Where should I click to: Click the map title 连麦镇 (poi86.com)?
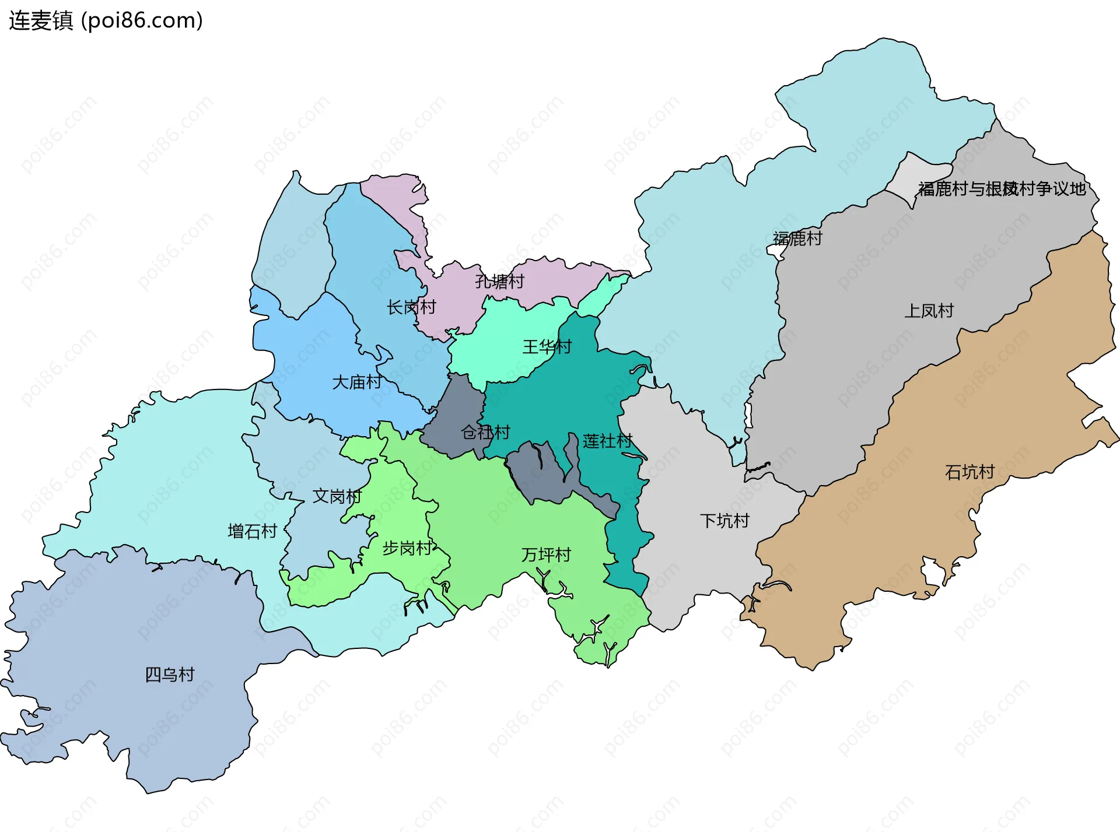pyautogui.click(x=106, y=20)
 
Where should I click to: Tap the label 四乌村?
pyautogui.click(x=169, y=675)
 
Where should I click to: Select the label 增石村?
pyautogui.click(x=252, y=531)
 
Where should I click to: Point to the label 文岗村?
pyautogui.click(x=337, y=496)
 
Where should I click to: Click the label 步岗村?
pyautogui.click(x=407, y=548)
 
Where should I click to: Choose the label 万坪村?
pyautogui.click(x=545, y=554)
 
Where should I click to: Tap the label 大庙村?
pyautogui.click(x=356, y=382)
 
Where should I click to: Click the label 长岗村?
pyautogui.click(x=411, y=307)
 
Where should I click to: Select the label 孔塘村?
pyautogui.click(x=499, y=282)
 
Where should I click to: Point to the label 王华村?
pyautogui.click(x=547, y=347)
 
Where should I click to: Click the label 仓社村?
pyautogui.click(x=485, y=432)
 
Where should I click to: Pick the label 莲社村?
pyautogui.click(x=607, y=441)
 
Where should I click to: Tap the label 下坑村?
pyautogui.click(x=724, y=521)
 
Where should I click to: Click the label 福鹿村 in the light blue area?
pyautogui.click(x=797, y=238)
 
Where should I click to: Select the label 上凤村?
pyautogui.click(x=929, y=311)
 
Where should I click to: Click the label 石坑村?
pyautogui.click(x=970, y=472)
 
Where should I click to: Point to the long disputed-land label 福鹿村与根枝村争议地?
pyautogui.click(x=1002, y=189)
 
